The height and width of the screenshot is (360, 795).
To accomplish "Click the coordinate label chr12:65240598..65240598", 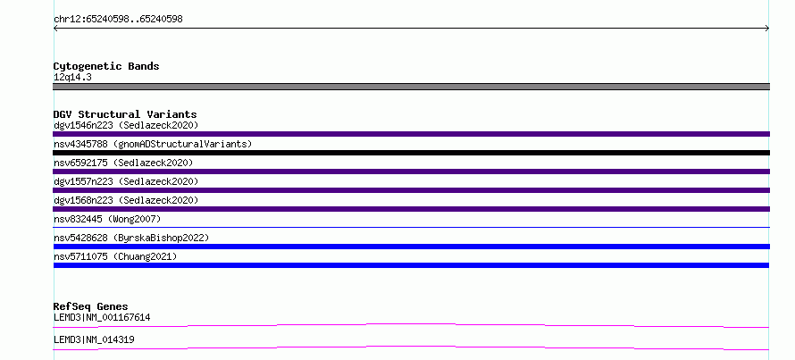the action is point(118,20).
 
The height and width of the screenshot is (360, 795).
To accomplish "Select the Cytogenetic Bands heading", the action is point(106,66).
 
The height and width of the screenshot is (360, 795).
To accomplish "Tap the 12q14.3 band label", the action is point(72,78).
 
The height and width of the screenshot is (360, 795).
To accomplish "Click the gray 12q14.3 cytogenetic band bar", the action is point(411,87).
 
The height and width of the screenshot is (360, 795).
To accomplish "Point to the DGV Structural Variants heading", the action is point(125,114).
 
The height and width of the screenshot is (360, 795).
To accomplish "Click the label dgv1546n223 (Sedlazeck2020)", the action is point(126,125).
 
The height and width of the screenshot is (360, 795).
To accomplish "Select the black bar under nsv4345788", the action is point(411,153).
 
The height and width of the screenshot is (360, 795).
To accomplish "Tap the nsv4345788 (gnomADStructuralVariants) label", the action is point(153,144).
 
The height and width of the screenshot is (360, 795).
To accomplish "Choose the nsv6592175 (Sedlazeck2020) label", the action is point(123,163).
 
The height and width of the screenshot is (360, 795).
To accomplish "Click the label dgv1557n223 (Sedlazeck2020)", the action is point(126,181).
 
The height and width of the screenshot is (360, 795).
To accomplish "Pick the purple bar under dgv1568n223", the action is point(411,209).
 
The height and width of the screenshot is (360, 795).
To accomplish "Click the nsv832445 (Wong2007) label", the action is point(107,219).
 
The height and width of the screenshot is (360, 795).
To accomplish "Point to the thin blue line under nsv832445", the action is point(411,227).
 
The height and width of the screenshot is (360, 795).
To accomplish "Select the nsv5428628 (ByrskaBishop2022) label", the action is point(131,238).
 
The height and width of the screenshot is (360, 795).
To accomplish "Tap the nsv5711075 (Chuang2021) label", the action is point(115,256).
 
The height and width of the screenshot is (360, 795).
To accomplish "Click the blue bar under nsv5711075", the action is point(411,265).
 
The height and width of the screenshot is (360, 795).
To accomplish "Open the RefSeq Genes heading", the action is point(90,306).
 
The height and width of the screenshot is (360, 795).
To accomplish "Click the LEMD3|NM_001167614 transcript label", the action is point(102,318).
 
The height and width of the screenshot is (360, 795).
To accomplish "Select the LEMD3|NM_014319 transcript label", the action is point(94,339).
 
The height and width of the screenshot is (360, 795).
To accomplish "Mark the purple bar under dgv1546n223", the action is point(411,134).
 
